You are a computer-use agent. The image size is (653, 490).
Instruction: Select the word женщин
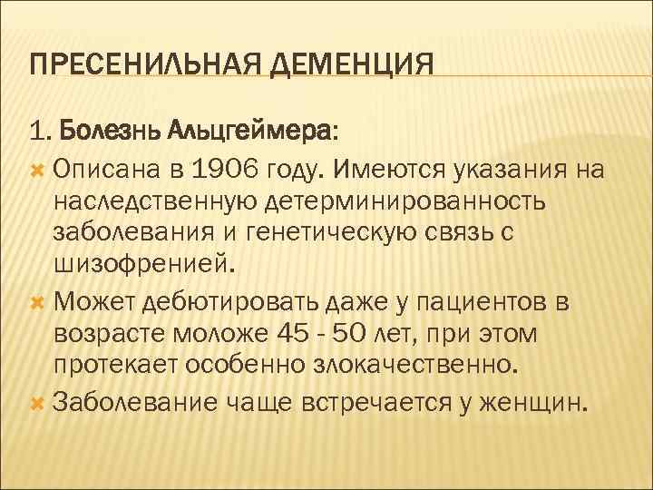click(x=542, y=400)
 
